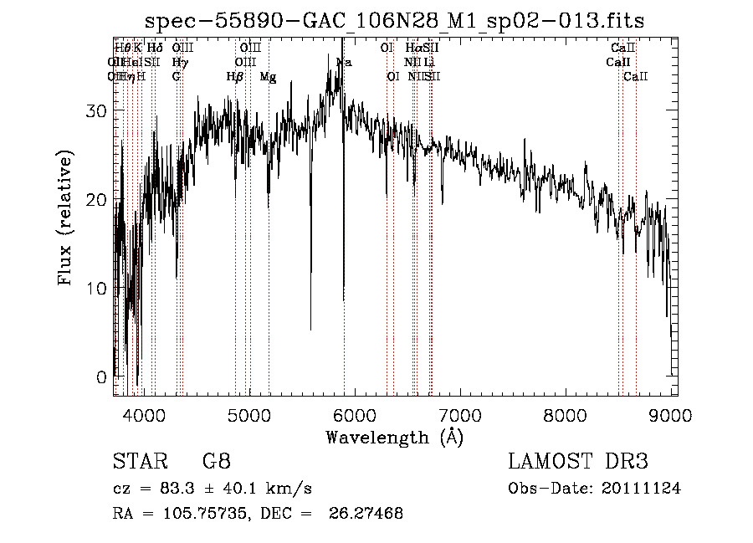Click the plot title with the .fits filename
pos(394,20)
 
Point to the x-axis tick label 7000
pos(460,414)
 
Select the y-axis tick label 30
pos(99,111)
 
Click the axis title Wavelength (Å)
pos(394,437)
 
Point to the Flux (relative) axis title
pos(67,218)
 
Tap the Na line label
pos(344,63)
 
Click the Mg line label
pos(268,77)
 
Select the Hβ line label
pos(235,77)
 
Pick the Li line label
pos(428,63)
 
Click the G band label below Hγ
pos(177,77)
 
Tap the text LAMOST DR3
pos(578,461)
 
